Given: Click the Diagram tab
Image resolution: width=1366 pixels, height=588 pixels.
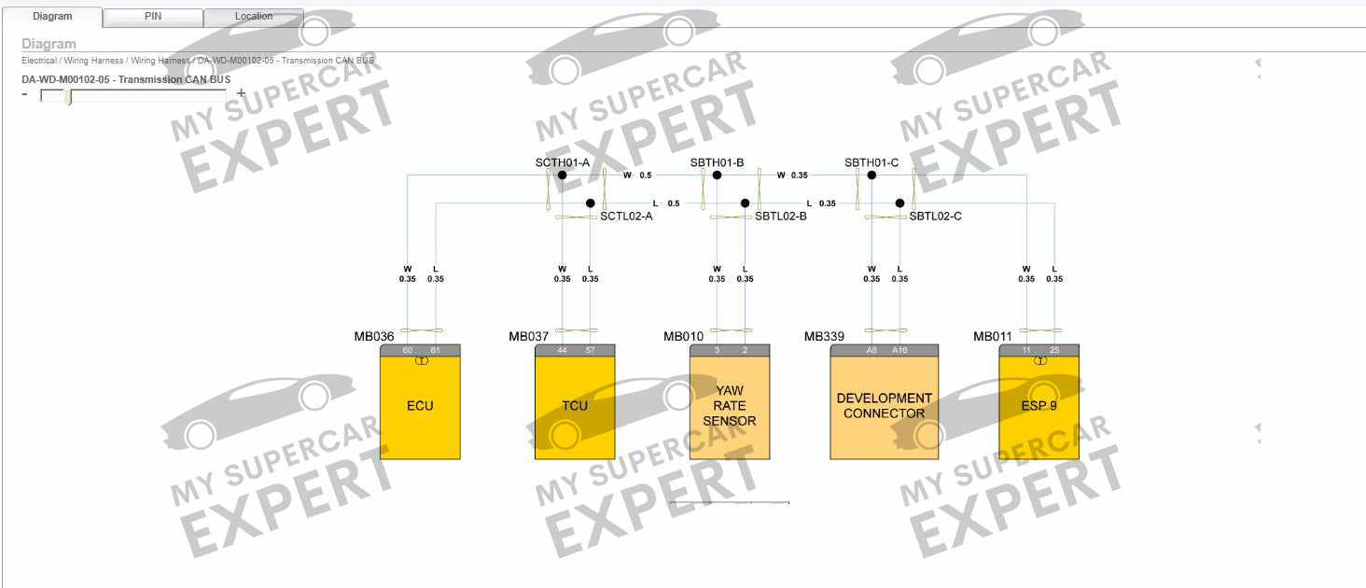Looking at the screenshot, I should click(x=52, y=17).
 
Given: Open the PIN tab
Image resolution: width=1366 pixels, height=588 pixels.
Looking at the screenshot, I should click(x=153, y=17).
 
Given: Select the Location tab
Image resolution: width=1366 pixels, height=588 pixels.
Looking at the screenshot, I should click(x=254, y=17).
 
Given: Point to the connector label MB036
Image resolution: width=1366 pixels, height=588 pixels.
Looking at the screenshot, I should click(x=374, y=337).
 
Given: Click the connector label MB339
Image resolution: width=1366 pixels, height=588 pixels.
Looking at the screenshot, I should click(x=824, y=337).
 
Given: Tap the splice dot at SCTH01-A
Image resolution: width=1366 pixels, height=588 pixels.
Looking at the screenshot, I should click(x=562, y=175).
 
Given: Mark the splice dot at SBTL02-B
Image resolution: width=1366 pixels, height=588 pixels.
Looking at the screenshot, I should click(x=745, y=203).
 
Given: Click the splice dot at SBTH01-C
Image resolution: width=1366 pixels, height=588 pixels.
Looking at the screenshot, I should click(x=871, y=175).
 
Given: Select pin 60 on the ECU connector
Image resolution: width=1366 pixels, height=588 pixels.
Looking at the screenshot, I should click(x=407, y=350).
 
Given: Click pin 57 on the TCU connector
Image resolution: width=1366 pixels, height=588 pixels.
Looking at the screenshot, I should click(x=590, y=350).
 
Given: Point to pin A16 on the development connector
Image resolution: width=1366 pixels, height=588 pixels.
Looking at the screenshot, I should click(x=899, y=350).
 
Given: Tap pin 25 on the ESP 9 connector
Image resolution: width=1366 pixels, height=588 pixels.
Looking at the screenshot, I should click(x=1054, y=350).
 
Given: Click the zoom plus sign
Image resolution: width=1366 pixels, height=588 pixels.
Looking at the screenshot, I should click(x=241, y=93).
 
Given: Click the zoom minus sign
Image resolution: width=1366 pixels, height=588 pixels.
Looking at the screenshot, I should click(x=25, y=93).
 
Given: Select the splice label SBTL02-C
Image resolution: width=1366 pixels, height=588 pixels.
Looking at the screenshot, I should click(x=936, y=217).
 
